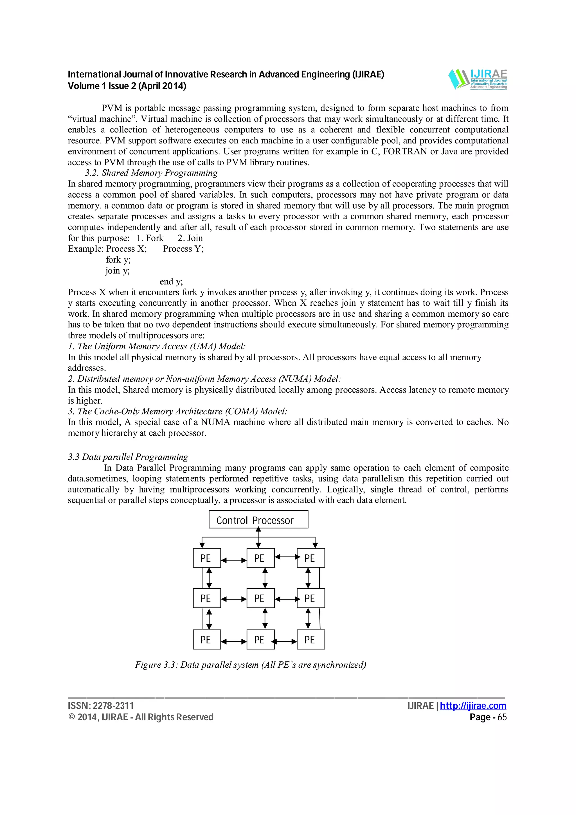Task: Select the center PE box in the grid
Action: click(260, 598)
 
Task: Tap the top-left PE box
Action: click(206, 558)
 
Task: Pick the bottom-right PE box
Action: click(310, 639)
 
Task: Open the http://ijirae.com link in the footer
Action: click(473, 706)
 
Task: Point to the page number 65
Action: click(502, 717)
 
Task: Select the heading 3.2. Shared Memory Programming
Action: click(151, 173)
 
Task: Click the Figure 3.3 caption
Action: click(250, 665)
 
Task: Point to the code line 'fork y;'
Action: click(118, 260)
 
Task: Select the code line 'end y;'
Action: click(171, 282)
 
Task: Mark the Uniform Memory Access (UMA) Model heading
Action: click(156, 346)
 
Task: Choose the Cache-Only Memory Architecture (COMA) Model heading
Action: click(177, 411)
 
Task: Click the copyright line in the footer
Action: click(141, 717)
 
